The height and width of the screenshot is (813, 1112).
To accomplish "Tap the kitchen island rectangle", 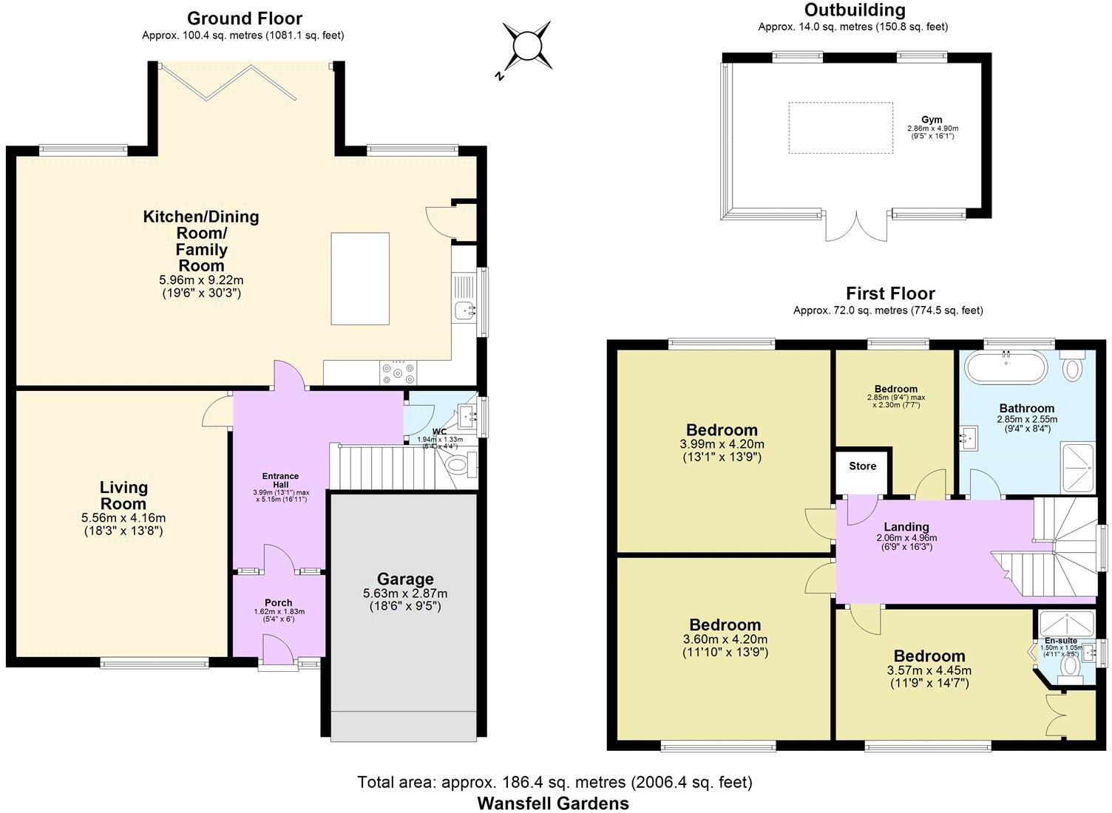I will pos(360,279).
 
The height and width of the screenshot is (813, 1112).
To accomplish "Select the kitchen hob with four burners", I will pos(399,372).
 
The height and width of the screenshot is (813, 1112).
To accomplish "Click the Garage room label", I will pos(405,579).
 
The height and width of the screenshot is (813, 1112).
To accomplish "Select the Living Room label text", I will pos(123,496).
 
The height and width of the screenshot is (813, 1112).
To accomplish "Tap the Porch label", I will pos(279,602).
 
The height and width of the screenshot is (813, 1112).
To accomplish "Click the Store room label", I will pos(862,466).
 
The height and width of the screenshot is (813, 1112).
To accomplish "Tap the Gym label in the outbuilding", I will pos(932,120).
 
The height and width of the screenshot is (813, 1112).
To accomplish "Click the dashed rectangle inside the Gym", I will pos(840,128).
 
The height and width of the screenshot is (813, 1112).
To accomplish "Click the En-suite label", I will pos(1060,641).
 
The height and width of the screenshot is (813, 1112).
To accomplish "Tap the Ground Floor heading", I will pos(244,18).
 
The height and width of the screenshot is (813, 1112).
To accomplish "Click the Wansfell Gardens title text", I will pos(553,803).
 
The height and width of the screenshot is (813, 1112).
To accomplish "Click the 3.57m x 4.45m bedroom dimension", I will pos(929,670).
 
